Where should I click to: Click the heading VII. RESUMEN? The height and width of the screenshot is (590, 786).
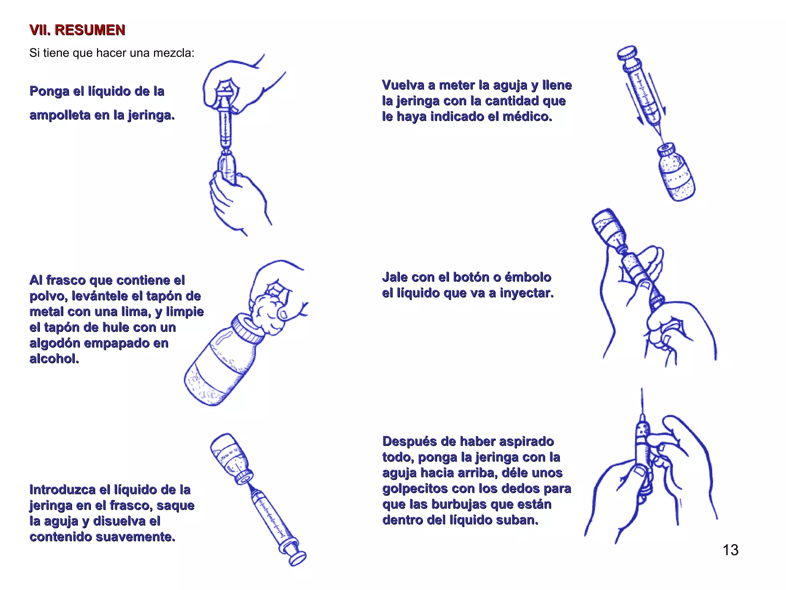coord(77,30)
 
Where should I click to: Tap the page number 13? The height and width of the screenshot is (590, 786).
coord(730,550)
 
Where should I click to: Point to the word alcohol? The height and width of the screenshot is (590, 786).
coord(54,358)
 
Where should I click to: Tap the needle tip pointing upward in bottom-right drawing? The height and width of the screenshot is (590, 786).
coord(642,392)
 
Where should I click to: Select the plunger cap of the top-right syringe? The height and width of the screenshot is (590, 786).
coord(626,53)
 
